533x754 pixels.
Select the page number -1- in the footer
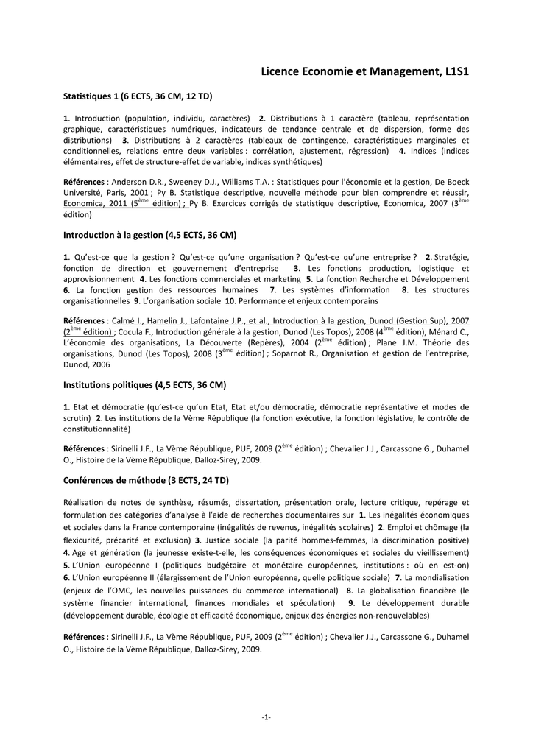click(266, 717)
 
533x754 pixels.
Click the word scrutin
click(77, 417)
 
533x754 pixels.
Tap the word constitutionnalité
click(96, 429)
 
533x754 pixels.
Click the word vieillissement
click(435, 552)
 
